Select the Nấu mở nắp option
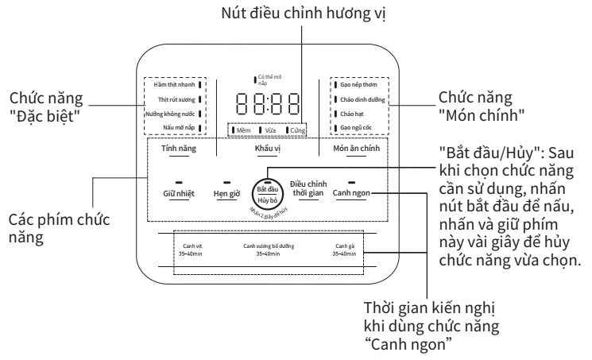[x=176, y=127]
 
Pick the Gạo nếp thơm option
[x=358, y=83]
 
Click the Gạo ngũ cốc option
[x=356, y=127]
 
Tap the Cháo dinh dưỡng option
[x=361, y=98]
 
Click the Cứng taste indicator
[x=297, y=130]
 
